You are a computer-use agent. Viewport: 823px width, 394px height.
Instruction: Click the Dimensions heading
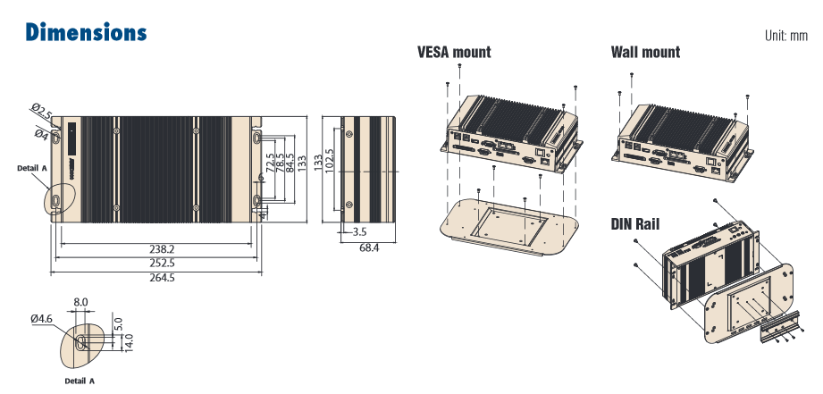pos(86,33)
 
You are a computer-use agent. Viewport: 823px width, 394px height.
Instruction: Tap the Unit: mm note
pos(785,37)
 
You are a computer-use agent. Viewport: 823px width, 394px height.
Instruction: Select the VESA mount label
pos(454,52)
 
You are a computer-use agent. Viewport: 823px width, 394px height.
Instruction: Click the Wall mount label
pos(645,52)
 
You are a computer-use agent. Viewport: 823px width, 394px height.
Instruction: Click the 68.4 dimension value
pos(369,247)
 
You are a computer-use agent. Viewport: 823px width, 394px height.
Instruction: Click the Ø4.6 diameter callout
pos(42,318)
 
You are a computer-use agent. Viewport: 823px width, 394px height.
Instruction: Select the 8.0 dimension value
pos(80,303)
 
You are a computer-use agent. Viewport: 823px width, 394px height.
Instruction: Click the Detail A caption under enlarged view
pos(79,381)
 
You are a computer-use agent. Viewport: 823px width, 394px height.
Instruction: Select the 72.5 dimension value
pos(271,167)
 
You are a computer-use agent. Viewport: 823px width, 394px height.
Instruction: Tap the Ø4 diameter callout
pos(41,134)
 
